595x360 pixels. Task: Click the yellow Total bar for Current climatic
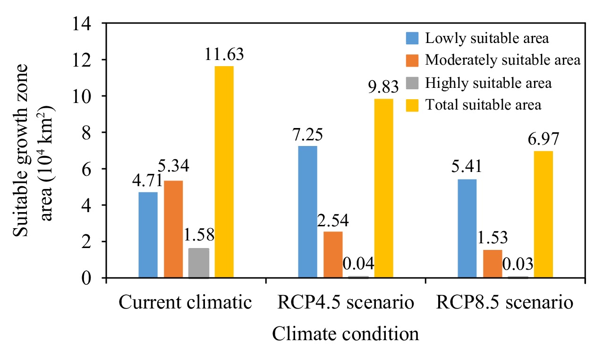tap(224, 172)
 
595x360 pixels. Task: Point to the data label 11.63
tap(224, 54)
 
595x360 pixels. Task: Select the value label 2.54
tap(333, 220)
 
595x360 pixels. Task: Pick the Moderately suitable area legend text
tap(502, 60)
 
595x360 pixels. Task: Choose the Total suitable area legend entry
tap(483, 104)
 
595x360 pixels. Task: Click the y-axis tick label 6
tap(93, 169)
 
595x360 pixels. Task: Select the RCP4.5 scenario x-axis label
tap(346, 303)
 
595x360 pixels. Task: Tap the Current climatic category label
tap(186, 303)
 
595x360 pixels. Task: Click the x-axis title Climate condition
tap(345, 334)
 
